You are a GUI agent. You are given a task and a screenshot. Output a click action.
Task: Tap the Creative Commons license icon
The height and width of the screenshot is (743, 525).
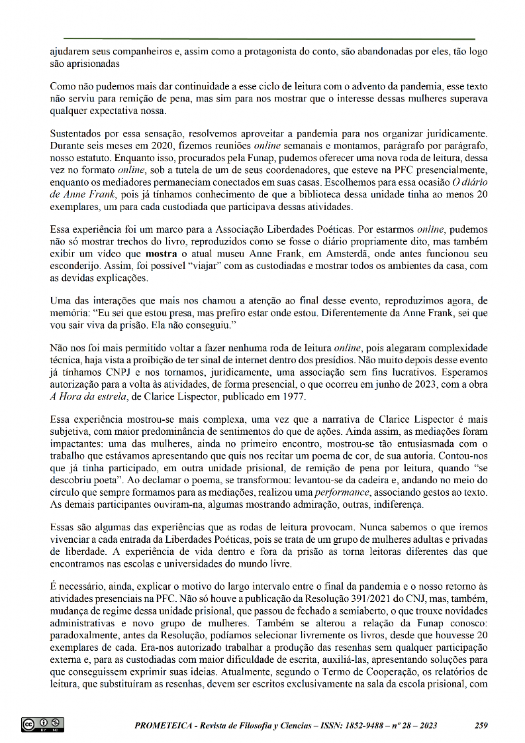pos(42,724)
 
